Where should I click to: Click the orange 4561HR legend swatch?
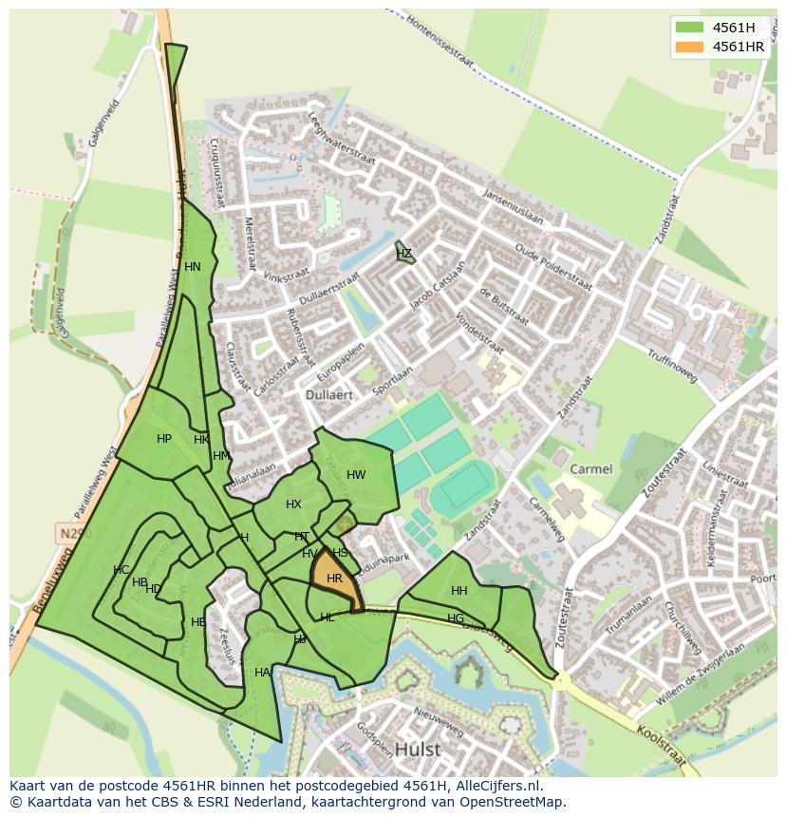point(690,47)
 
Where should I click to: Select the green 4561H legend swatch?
point(690,28)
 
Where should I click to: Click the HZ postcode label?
point(404,254)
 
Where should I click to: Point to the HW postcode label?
point(356,475)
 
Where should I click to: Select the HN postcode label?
point(193,267)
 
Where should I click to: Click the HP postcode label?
point(164,439)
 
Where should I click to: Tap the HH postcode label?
point(459,591)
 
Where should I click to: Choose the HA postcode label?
point(262,673)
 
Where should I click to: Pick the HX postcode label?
point(293,504)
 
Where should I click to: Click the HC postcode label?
point(121,570)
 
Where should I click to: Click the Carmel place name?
point(591,469)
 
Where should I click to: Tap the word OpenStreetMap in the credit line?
point(514,802)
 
